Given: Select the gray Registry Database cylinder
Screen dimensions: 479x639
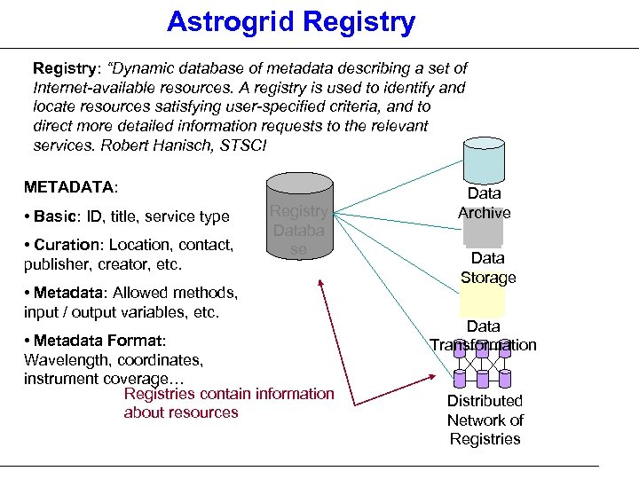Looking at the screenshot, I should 299,217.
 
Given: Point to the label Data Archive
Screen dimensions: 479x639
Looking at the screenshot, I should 484,203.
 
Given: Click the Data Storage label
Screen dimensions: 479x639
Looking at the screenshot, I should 487,268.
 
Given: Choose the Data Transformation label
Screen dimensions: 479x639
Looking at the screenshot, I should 483,336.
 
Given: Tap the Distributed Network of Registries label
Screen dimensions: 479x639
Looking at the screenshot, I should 485,420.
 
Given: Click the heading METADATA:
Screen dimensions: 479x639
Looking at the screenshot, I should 71,187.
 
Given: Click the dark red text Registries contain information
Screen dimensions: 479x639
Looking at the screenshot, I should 229,394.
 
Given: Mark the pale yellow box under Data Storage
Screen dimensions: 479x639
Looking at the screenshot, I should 482,302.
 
